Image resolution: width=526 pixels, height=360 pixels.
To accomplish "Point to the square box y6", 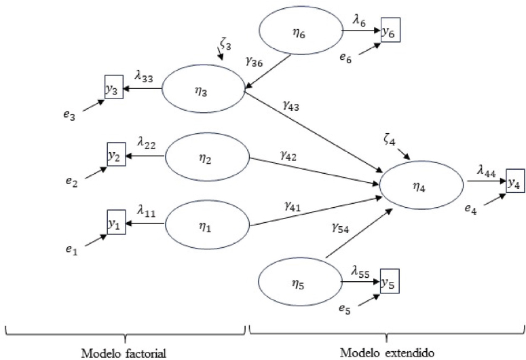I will [x=390, y=32].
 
